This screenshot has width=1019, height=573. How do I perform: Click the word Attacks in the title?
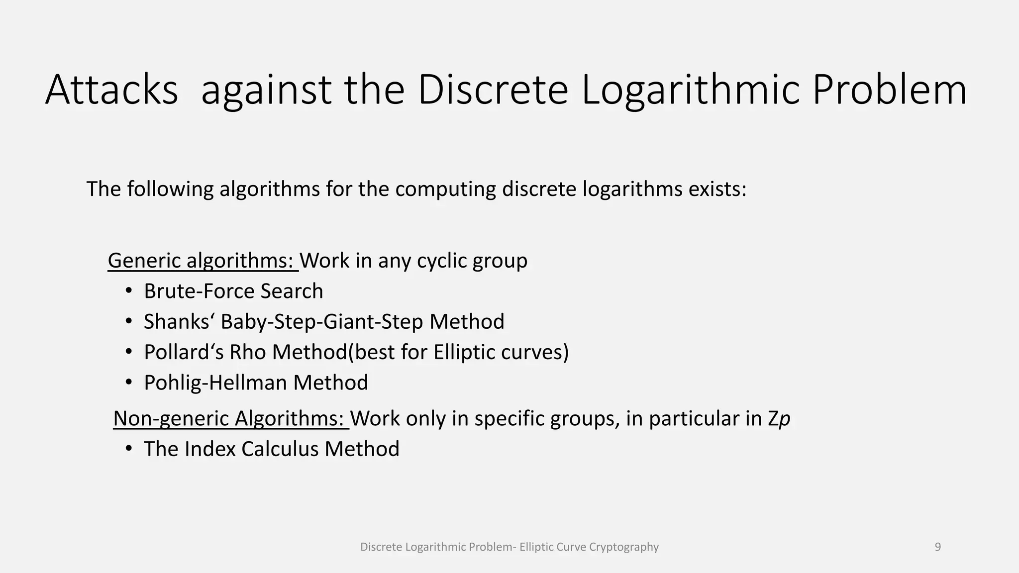[x=111, y=90]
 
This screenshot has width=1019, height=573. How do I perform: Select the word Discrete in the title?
[x=493, y=90]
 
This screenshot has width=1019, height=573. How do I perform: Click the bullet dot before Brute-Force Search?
[x=129, y=291]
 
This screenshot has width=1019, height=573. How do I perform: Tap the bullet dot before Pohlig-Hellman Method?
[x=129, y=382]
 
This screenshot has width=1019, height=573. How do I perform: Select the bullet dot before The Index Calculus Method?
[x=129, y=449]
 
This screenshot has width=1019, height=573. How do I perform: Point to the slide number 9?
[x=938, y=547]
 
